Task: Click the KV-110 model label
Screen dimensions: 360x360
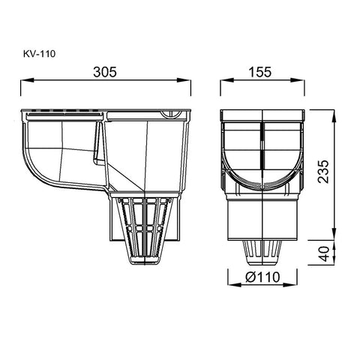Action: pos(40,54)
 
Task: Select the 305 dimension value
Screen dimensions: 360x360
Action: pos(105,72)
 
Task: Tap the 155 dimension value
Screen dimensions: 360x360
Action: pos(259,72)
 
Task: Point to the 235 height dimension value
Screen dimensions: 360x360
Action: pos(322,172)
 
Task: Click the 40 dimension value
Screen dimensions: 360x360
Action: pos(325,253)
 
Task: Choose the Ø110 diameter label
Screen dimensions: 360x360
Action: pos(262,277)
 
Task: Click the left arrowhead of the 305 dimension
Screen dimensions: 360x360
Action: pos(27,80)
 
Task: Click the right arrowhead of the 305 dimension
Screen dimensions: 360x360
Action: pos(184,80)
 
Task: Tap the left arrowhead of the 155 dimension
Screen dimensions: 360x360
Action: pos(226,80)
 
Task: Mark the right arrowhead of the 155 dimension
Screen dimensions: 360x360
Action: pos(298,80)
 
